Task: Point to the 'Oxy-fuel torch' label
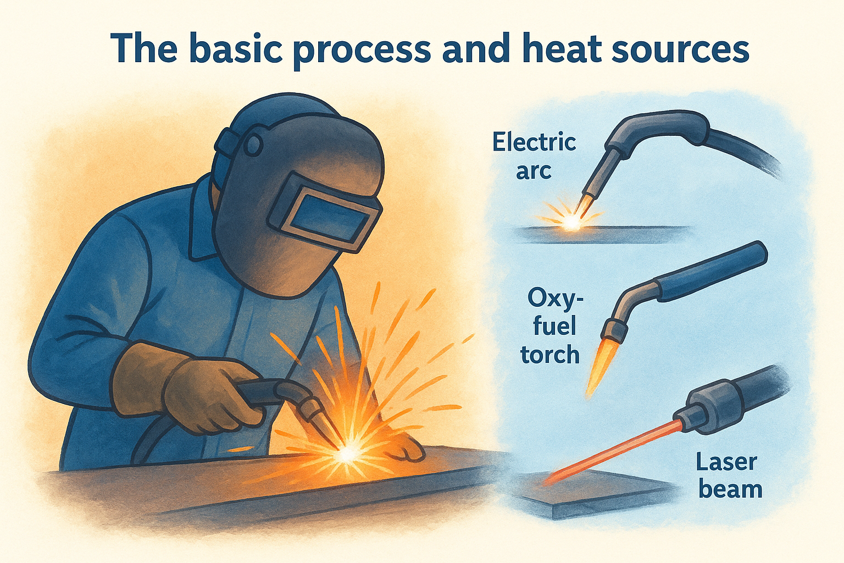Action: (552, 327)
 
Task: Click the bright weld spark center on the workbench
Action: (347, 454)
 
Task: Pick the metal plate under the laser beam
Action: (593, 495)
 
